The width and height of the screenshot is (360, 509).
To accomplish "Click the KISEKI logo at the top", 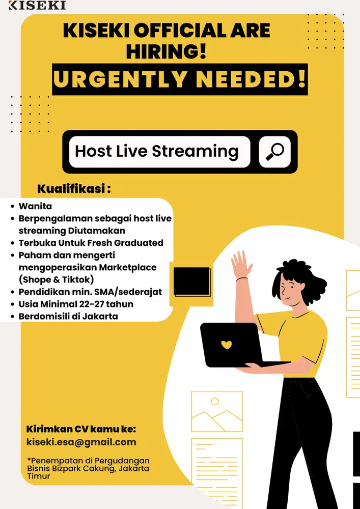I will pos(37,5).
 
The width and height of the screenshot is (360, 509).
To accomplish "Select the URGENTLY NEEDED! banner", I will pos(180,79).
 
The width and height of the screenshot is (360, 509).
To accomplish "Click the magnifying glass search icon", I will pos(275,152).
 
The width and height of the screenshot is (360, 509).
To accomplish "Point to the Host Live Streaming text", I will pos(157,151).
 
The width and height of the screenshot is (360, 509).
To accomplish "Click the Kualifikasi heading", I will pos(74,189).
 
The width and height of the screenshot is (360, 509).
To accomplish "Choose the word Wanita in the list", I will pos(35,206).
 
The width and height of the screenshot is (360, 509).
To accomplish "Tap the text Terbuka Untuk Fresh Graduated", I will pos(91,243).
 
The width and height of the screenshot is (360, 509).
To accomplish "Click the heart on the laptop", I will pos(227,345).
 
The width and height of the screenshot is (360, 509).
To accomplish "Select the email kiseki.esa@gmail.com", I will pos(81,442).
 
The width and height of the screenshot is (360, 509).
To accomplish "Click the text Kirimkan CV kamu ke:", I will pos(81,429).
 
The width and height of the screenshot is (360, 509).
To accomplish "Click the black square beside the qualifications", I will pos(192,281).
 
